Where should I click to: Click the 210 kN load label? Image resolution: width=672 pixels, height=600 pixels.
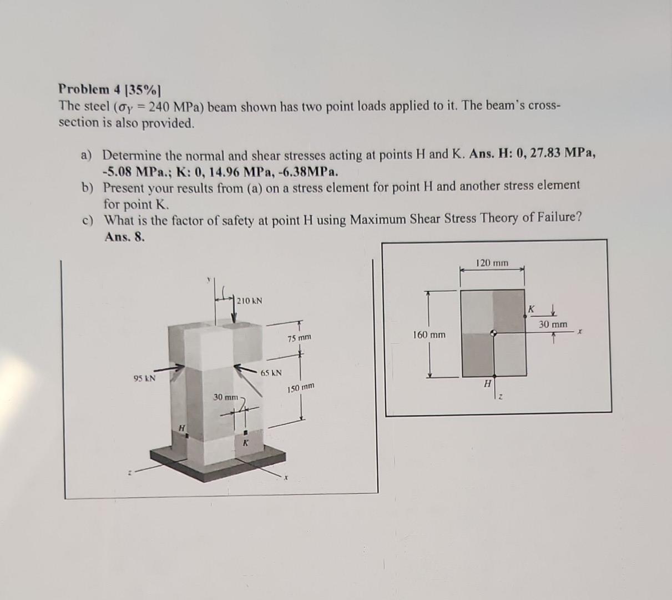tap(250, 301)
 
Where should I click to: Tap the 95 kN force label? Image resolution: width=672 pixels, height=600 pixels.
tap(144, 378)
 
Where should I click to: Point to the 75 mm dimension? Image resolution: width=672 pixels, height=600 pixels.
tap(300, 338)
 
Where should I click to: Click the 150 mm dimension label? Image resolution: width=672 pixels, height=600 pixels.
tap(301, 387)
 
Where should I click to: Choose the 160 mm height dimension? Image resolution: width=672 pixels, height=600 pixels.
tap(429, 334)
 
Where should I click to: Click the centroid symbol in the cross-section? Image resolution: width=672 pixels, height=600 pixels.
tap(493, 334)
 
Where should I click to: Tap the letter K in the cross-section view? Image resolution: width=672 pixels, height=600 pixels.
tap(530, 308)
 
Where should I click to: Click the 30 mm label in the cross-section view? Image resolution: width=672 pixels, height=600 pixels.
tap(553, 324)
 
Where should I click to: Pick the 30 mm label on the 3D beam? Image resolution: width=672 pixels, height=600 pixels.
tap(226, 397)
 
